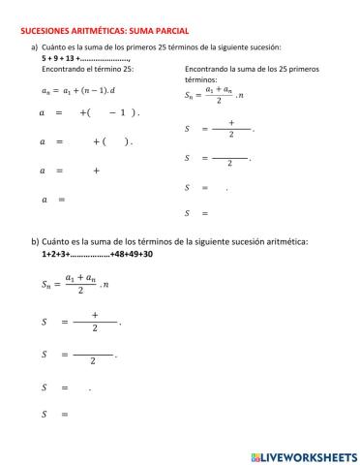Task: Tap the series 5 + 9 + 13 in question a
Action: (x=61, y=58)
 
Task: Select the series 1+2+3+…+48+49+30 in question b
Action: (x=97, y=255)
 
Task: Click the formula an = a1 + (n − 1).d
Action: (x=77, y=91)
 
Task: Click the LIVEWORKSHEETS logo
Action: (x=302, y=455)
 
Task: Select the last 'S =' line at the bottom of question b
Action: (x=56, y=415)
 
